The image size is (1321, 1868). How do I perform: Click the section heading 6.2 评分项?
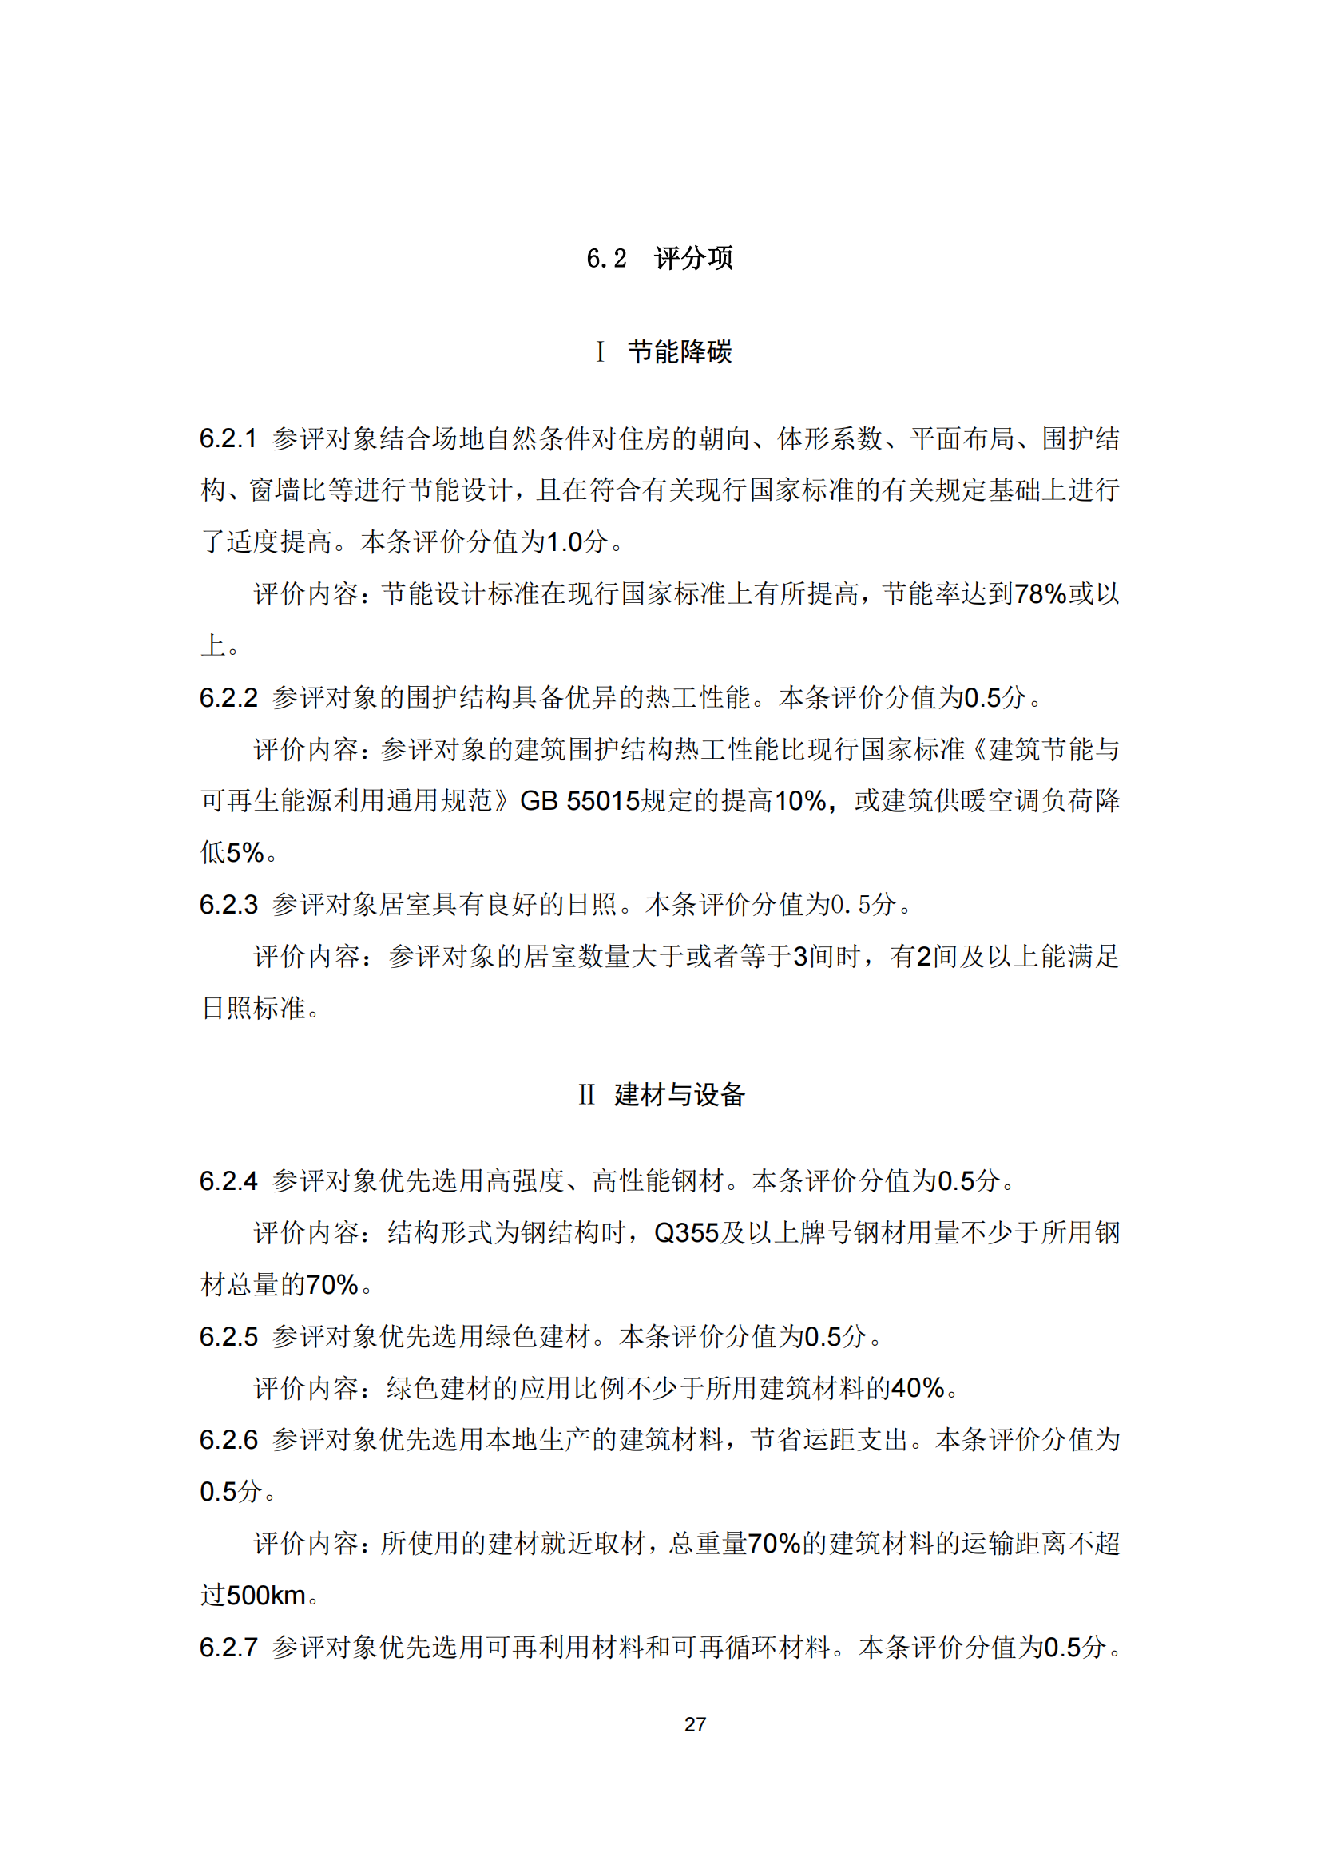(x=660, y=258)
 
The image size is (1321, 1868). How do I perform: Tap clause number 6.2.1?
(x=228, y=438)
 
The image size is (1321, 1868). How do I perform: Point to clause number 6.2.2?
(x=228, y=697)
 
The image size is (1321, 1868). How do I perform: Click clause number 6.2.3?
(x=228, y=904)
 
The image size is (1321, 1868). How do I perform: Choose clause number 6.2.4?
(x=228, y=1180)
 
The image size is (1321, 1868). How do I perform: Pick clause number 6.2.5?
(x=228, y=1336)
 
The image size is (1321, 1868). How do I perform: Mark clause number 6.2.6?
(x=228, y=1439)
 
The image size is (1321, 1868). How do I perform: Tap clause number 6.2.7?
(x=228, y=1647)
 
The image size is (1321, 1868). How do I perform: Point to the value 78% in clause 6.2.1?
(x=1041, y=594)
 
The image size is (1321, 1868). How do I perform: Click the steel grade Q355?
(x=687, y=1232)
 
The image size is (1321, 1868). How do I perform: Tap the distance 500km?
(x=266, y=1595)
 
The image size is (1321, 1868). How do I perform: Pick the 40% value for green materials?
(x=918, y=1388)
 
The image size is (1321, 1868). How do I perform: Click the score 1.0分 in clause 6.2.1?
(x=576, y=541)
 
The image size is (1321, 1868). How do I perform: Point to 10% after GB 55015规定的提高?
(x=800, y=800)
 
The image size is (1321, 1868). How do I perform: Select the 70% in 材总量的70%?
(x=332, y=1285)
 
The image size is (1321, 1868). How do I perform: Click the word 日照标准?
(x=254, y=1008)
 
